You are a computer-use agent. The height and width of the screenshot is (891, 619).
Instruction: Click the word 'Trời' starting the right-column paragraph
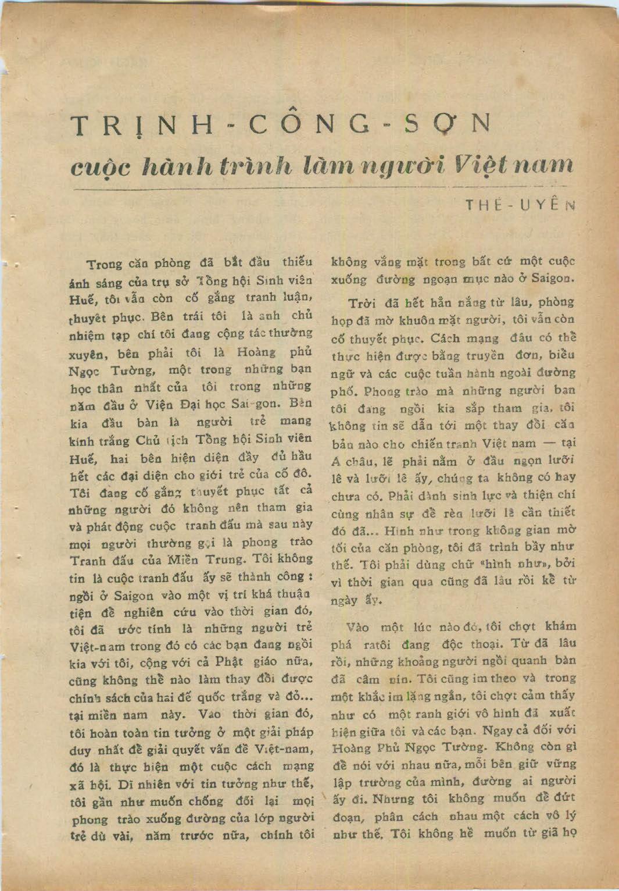[x=362, y=303]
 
